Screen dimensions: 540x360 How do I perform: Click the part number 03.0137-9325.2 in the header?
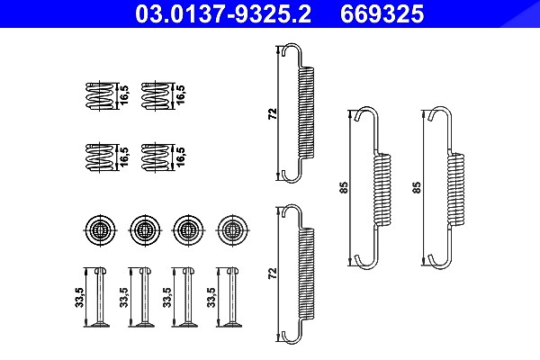[223, 13]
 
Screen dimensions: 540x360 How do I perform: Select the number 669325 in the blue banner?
[382, 13]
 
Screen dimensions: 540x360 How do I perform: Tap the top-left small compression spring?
[99, 95]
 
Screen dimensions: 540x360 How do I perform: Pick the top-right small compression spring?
[155, 95]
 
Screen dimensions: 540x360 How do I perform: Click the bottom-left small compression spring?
[99, 157]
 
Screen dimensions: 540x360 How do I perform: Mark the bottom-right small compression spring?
[155, 157]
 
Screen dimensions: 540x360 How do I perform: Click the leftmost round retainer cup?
[100, 229]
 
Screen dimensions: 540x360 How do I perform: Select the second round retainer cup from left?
[145, 229]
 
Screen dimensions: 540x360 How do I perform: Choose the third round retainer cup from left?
[188, 229]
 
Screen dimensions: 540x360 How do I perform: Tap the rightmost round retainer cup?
[232, 229]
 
